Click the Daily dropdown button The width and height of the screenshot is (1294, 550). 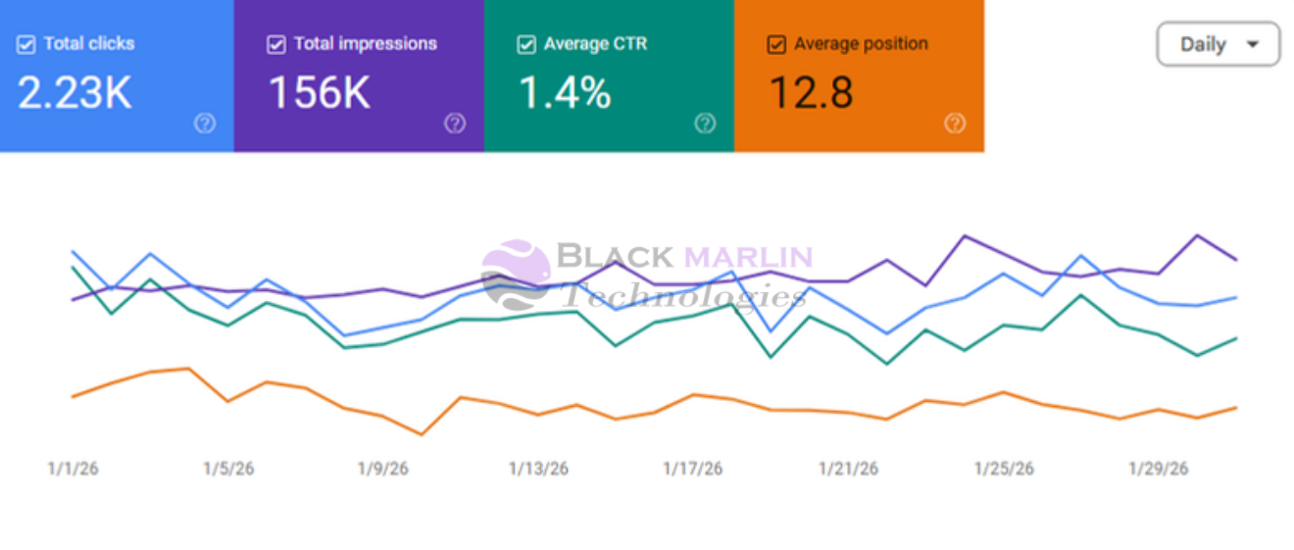[x=1218, y=44]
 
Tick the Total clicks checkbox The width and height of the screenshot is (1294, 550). [x=26, y=44]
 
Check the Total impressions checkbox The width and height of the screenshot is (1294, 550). [x=276, y=44]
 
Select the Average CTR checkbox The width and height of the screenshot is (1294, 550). [x=526, y=44]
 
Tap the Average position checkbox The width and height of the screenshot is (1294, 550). [x=776, y=44]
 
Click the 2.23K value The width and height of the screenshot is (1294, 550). [x=75, y=93]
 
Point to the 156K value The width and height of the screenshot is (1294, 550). [x=320, y=93]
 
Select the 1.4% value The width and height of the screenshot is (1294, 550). [x=565, y=93]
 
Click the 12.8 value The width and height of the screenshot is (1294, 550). [x=811, y=93]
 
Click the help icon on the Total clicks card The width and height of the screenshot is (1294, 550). [x=205, y=124]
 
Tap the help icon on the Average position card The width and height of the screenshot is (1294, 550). [x=955, y=124]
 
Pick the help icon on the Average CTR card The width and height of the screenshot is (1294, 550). [x=705, y=124]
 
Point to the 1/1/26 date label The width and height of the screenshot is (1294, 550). [x=74, y=469]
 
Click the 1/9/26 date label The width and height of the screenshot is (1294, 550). [x=382, y=469]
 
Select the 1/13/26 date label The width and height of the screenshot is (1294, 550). [x=538, y=469]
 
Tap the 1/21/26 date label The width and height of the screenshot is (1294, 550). [x=849, y=469]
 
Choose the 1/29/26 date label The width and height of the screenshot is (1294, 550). [x=1159, y=469]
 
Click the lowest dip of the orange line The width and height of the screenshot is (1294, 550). [x=422, y=433]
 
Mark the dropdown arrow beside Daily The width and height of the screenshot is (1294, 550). [x=1252, y=44]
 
